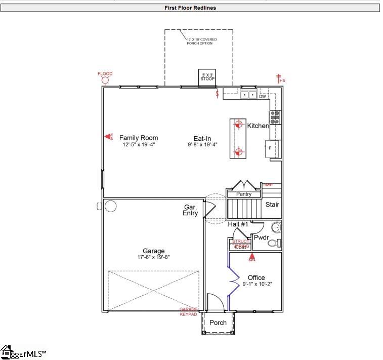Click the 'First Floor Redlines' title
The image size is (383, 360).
pos(190,8)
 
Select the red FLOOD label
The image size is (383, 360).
pos(105,74)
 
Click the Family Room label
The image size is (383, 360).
pos(138,138)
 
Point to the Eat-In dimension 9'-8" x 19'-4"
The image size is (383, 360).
pos(202,145)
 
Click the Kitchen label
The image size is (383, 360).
pos(258,126)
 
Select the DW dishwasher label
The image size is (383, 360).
pos(262,96)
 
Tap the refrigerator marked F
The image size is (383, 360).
pos(272,147)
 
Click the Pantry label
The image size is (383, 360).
pos(244,194)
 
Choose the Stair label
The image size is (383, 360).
pos(272,205)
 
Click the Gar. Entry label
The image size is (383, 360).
pos(190,210)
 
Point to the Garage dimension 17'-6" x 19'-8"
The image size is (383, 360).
pos(153,257)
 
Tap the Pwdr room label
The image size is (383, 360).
pos(261,237)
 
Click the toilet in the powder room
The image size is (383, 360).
pos(274,243)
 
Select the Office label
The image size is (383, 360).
pos(256,277)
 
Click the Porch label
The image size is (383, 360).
pos(218,323)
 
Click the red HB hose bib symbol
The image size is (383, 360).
pos(279,78)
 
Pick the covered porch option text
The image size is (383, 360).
pos(199,41)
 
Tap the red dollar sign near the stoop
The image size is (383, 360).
pos(218,94)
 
